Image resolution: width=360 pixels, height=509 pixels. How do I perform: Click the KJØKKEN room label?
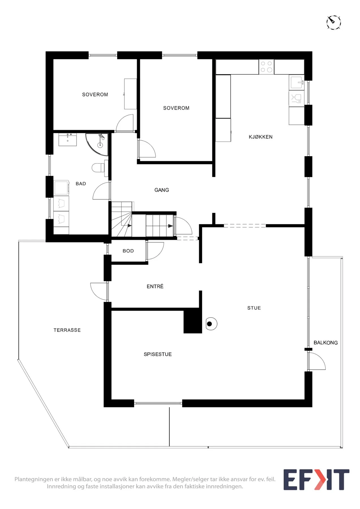point(260,137)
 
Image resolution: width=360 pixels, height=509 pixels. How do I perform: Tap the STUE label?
point(254,308)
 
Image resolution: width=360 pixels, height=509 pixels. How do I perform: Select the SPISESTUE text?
point(158,354)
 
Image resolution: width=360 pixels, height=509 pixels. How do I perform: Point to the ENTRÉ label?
point(155,286)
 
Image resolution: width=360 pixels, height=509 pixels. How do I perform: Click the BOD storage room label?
point(128,251)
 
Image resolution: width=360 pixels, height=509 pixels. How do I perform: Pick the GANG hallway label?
point(161,190)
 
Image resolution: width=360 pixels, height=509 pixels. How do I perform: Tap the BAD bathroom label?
point(81,184)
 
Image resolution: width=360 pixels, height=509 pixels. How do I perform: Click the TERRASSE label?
point(67,330)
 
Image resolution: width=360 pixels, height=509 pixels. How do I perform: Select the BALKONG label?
point(325,343)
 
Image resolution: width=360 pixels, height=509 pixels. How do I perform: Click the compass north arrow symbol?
point(334,22)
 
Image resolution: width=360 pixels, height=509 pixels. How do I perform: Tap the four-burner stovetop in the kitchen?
point(266,67)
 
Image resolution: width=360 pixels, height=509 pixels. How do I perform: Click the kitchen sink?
point(296,82)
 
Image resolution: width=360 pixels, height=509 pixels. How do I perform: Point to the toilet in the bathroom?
point(98,167)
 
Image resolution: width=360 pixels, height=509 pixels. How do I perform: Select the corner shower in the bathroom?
point(97,144)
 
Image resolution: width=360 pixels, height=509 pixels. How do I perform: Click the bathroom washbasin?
point(68,140)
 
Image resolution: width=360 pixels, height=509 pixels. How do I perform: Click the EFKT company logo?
point(316,480)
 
